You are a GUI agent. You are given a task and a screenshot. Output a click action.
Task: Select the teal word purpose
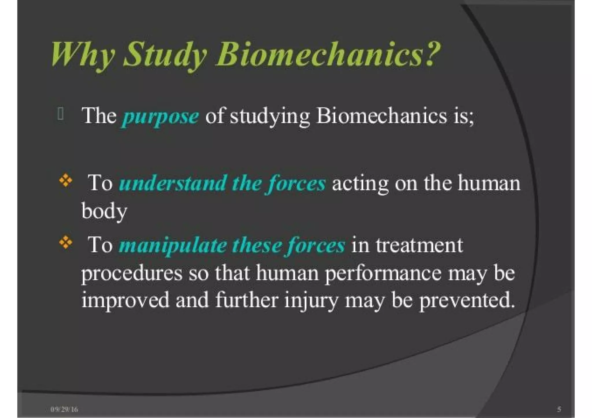[x=160, y=117]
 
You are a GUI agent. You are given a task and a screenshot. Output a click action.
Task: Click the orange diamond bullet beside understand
[x=66, y=180]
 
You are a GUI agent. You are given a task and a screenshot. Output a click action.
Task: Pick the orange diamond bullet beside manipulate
[x=66, y=242]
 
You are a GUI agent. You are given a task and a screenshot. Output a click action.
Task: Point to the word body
[x=104, y=211]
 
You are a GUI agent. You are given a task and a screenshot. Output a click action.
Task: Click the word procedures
[x=132, y=274]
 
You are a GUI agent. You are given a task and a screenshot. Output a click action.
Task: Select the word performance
[x=383, y=274]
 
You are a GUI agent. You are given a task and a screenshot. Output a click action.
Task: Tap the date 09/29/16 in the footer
[x=64, y=409]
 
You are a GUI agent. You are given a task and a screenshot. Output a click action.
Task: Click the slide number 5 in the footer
[x=559, y=409]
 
